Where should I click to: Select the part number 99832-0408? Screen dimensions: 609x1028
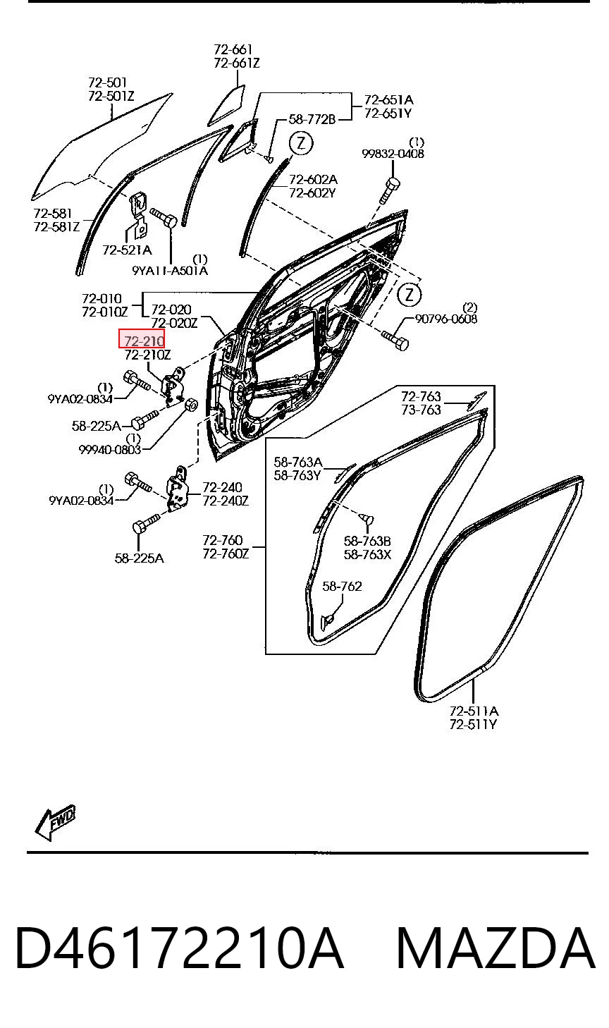click(393, 154)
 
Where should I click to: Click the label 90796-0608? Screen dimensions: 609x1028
click(446, 319)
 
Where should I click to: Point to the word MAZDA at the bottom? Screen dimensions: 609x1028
click(496, 948)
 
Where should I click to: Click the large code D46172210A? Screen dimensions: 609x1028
click(180, 948)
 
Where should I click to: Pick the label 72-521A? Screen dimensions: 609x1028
click(127, 250)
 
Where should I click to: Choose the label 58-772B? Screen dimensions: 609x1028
click(312, 119)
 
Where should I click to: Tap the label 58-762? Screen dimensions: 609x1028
click(342, 586)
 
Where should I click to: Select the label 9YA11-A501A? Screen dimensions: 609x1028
click(170, 271)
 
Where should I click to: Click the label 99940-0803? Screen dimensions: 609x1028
click(110, 449)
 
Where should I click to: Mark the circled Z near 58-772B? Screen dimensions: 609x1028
click(300, 144)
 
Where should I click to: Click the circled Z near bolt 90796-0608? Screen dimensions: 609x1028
click(409, 294)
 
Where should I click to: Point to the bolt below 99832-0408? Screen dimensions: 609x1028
click(390, 190)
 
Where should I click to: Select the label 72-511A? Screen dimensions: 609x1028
click(474, 711)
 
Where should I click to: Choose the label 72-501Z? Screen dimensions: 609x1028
click(111, 96)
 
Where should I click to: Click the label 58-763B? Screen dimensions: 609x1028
click(367, 541)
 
